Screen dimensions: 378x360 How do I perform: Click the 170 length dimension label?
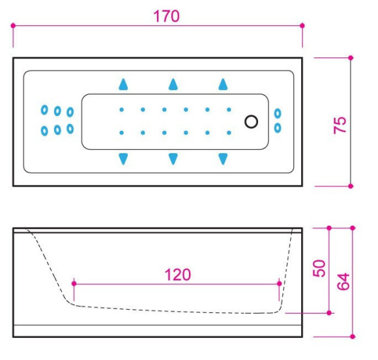166,16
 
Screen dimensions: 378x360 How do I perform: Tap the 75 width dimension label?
340,125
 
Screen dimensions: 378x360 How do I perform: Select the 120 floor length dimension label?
178,275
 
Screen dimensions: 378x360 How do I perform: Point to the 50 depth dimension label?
319,268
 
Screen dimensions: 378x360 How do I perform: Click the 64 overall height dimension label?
343,281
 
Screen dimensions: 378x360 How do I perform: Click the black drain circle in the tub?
251,121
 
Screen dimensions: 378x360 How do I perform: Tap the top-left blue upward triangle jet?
123,84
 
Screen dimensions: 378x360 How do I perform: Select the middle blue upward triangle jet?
173,84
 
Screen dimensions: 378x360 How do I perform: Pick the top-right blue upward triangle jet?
223,84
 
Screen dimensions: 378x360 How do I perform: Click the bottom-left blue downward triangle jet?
123,159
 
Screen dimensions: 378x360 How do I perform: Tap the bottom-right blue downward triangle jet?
223,159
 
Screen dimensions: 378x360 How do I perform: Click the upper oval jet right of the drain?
278,113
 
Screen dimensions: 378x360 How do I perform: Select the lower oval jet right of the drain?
278,128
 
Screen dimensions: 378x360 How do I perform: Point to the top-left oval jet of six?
44,110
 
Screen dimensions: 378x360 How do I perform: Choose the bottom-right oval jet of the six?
70,129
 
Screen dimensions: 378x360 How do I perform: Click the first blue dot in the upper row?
122,110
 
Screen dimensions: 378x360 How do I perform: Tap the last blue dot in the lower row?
229,132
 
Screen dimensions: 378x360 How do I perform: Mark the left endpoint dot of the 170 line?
13,25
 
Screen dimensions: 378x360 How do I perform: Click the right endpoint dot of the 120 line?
280,283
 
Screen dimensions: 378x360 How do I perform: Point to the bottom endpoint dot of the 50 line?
329,313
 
